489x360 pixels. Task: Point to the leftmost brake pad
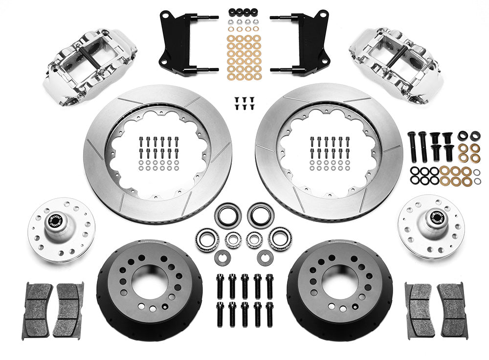click(x=37, y=311)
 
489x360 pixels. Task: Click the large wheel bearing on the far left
click(x=207, y=238)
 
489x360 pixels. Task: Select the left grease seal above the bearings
click(x=227, y=216)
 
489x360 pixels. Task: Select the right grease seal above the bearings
click(x=261, y=215)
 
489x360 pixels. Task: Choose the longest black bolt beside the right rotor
click(x=413, y=147)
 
